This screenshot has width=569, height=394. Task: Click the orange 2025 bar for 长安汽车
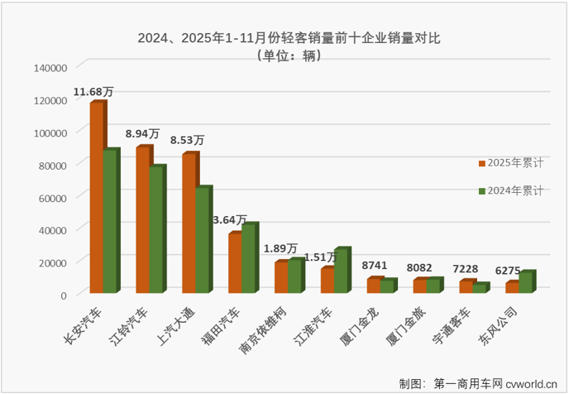click(97, 197)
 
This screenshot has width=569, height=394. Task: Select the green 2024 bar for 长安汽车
click(111, 221)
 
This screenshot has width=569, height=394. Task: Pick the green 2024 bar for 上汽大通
click(203, 240)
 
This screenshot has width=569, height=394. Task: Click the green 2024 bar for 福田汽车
click(250, 258)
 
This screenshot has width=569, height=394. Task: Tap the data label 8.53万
click(187, 141)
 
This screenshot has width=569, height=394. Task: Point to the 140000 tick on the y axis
click(50, 68)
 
